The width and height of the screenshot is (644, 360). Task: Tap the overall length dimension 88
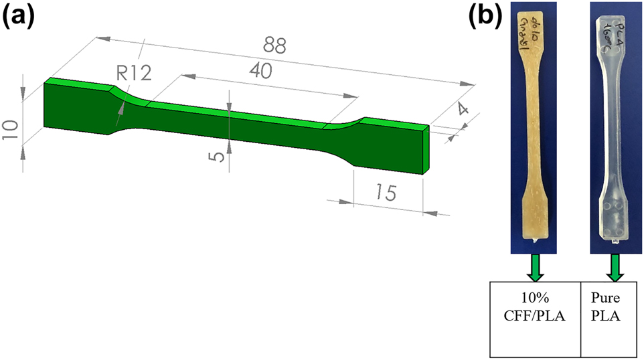pyautogui.click(x=274, y=46)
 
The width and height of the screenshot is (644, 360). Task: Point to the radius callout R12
pyautogui.click(x=132, y=74)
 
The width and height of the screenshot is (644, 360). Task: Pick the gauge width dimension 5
pyautogui.click(x=215, y=156)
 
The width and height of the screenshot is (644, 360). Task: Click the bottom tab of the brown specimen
pyautogui.click(x=536, y=215)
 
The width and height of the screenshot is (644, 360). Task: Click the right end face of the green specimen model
pyautogui.click(x=424, y=149)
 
